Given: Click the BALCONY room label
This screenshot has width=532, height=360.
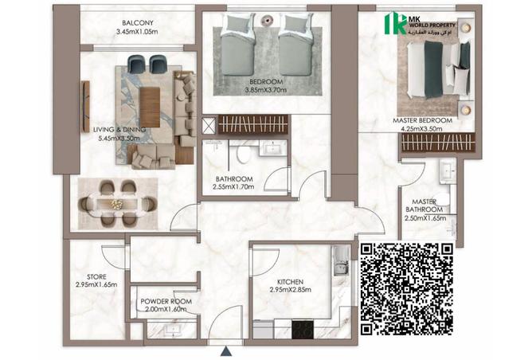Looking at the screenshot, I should click(x=139, y=22).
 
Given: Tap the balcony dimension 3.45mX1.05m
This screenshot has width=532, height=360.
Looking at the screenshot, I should click(x=139, y=32).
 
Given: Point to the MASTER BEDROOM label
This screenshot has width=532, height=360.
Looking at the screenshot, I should click(x=422, y=120).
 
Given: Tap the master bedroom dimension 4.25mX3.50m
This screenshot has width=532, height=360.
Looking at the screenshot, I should click(x=422, y=129).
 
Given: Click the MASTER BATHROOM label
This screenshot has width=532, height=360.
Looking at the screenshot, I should click(x=427, y=206).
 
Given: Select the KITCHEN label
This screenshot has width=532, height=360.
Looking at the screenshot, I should click(x=290, y=282).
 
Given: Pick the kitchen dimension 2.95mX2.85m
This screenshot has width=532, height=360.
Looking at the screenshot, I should click(x=290, y=291).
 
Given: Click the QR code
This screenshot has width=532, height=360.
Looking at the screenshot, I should click(x=407, y=288).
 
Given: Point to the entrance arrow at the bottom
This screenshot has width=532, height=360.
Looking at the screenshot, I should click(x=227, y=350).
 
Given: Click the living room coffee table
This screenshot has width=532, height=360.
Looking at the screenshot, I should click(x=150, y=107).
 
